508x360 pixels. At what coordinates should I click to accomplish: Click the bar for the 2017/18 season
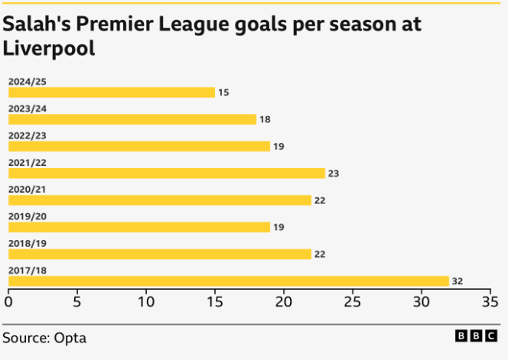[229, 281]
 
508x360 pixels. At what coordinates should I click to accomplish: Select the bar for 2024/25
[112, 92]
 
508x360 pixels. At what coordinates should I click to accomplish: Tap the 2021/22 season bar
[167, 173]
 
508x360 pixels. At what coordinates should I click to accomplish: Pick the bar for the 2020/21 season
[160, 200]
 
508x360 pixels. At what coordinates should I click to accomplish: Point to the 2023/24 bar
[132, 119]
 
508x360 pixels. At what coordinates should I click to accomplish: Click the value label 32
[458, 281]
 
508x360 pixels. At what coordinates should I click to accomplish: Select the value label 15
[223, 92]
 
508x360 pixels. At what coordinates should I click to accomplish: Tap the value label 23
[334, 174]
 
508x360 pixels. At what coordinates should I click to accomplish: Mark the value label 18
[265, 119]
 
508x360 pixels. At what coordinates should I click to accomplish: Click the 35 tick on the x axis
[490, 301]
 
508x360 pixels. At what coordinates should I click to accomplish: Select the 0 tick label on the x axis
[8, 301]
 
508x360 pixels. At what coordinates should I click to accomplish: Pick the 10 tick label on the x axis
[146, 301]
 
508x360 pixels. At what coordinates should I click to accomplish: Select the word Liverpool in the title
[49, 49]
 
